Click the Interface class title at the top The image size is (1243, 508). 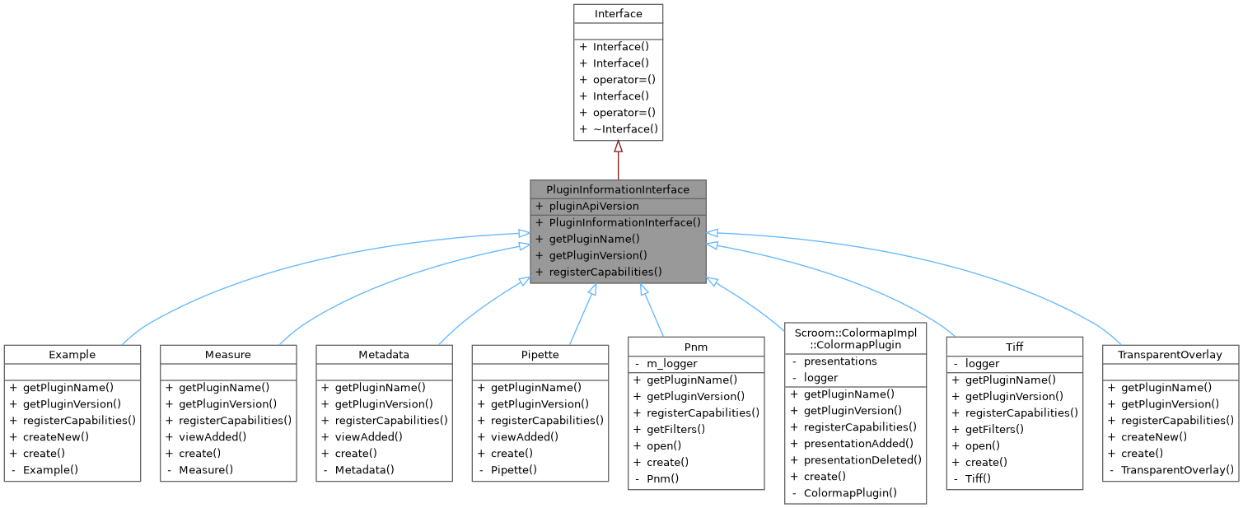point(618,13)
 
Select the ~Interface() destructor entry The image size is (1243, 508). point(625,128)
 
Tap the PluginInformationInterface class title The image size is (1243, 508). point(618,189)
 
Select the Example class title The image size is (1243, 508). point(72,355)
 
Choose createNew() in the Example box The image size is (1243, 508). point(56,436)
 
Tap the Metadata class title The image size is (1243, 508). point(385,355)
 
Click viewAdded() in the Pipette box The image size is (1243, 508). point(524,436)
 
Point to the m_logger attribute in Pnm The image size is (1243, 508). point(671,363)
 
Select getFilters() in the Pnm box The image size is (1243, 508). point(675,429)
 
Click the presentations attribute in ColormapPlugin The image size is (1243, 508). point(840,361)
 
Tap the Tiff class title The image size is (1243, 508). point(1015,347)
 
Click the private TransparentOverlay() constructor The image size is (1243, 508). point(1177,469)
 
